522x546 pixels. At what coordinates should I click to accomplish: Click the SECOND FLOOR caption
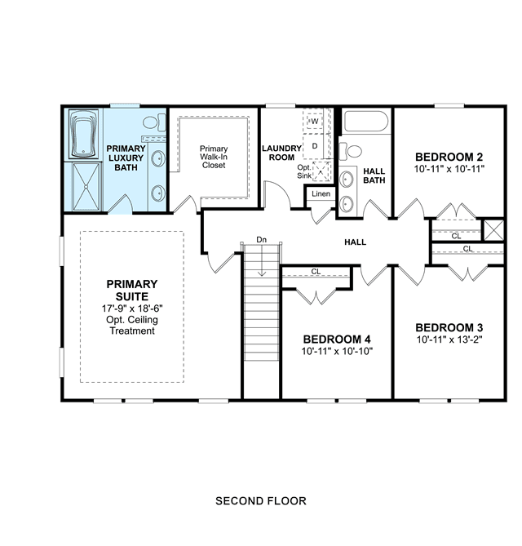point(261,501)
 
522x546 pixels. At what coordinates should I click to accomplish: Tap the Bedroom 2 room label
point(449,157)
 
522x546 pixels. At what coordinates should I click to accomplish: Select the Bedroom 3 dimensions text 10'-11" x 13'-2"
point(449,340)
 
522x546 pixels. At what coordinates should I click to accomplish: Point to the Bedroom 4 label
point(337,340)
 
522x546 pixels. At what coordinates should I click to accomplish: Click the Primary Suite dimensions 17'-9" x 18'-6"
point(132,309)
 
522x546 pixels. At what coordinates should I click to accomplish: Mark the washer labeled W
point(315,121)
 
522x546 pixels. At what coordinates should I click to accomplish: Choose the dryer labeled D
point(315,146)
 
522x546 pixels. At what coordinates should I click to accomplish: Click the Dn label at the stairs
point(261,240)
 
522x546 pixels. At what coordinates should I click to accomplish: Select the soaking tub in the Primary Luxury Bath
point(83,134)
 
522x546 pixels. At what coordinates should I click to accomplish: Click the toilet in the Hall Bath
point(351,151)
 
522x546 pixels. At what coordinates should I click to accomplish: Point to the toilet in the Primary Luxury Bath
point(154,123)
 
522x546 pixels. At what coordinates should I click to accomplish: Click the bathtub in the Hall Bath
point(366,121)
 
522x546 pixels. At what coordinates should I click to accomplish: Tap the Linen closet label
point(321,193)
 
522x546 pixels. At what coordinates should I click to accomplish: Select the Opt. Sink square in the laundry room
point(322,171)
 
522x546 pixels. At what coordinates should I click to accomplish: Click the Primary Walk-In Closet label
point(214,157)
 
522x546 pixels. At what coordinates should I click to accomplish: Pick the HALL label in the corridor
point(355,242)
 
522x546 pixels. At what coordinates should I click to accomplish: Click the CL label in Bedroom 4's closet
point(316,271)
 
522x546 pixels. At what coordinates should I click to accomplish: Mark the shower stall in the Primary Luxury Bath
point(86,186)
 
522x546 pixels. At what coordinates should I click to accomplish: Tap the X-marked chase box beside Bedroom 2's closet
point(493,230)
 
